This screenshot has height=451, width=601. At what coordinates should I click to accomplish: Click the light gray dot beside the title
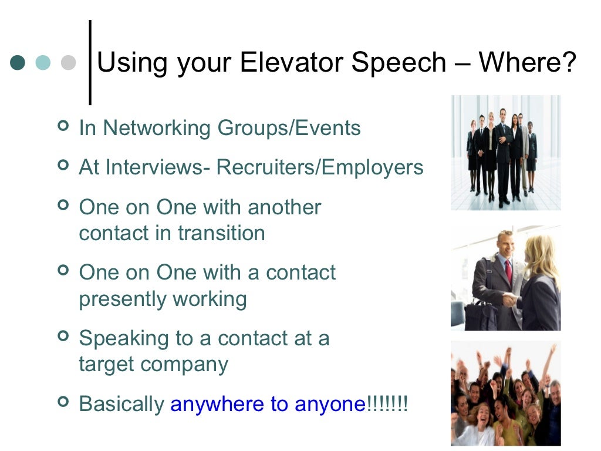69,63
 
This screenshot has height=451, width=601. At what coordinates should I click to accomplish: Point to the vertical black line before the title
90,62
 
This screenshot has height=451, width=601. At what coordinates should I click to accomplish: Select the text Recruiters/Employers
320,167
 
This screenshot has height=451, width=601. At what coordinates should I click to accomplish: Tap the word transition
221,233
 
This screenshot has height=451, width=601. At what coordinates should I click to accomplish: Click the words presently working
163,299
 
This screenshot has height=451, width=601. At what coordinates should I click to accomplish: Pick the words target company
153,364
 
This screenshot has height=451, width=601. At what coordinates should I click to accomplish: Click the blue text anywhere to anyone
268,404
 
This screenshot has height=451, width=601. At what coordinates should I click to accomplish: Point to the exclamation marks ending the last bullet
387,404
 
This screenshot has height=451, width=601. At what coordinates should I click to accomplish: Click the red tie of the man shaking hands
508,272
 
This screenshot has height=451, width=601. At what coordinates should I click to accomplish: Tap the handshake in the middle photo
509,300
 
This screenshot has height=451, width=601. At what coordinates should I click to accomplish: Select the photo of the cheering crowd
505,393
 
